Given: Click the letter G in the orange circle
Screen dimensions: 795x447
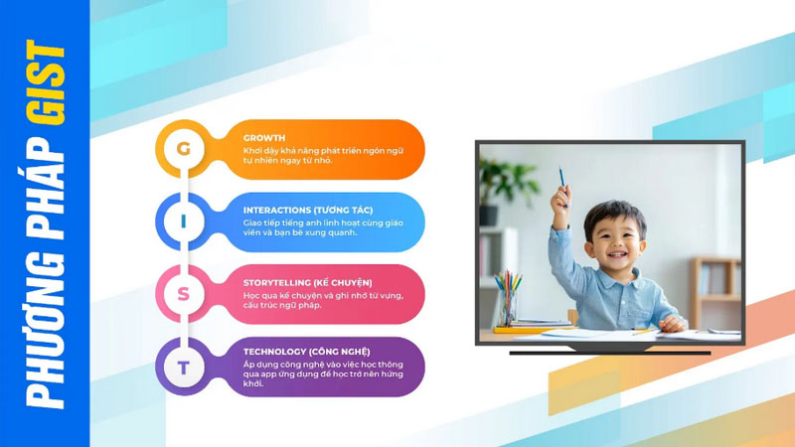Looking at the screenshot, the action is click(184, 148).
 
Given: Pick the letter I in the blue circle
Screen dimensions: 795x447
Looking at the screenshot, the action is click(184, 222).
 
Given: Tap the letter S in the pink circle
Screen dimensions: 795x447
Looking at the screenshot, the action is click(184, 294).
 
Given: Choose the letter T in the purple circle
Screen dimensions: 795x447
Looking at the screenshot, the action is click(184, 367).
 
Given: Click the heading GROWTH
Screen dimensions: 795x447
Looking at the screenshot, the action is click(263, 138).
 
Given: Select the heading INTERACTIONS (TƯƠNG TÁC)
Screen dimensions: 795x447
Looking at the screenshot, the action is click(308, 210).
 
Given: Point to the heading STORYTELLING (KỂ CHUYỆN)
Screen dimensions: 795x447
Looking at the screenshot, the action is click(307, 283).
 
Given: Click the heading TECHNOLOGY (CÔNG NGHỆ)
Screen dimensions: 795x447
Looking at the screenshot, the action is click(306, 352).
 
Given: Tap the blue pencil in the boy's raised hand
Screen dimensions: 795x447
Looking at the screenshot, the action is click(562, 180).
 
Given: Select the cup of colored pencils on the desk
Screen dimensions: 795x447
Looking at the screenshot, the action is click(508, 300).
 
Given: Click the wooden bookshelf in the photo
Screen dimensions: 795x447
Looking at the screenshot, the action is click(716, 292).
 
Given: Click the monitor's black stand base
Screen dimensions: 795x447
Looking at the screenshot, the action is click(610, 351).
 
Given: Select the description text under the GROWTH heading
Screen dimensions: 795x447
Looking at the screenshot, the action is click(323, 156).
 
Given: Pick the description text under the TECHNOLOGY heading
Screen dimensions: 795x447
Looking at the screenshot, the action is click(323, 374).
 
